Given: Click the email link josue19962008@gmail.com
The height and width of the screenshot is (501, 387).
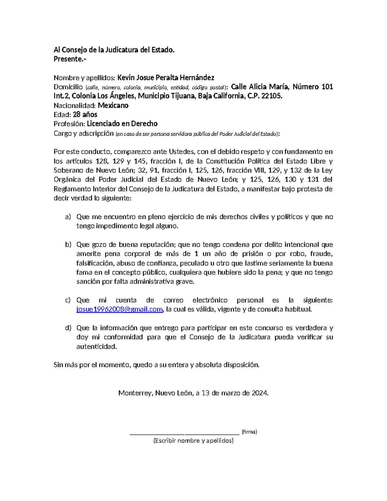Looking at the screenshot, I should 119,309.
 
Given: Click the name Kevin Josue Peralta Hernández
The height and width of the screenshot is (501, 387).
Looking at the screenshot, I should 166,78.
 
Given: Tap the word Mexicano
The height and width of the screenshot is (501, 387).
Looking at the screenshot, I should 113,105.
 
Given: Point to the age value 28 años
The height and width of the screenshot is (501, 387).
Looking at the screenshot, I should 85,115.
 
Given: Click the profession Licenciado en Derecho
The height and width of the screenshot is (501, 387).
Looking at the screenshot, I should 122,124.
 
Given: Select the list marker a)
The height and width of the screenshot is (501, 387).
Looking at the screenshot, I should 68,217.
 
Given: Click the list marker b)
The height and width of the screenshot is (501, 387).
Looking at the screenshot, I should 68,245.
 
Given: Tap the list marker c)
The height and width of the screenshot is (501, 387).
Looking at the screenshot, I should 68,300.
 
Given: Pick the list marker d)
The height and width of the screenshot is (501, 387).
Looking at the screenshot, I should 68,328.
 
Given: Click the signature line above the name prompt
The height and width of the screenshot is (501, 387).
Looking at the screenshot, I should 184,434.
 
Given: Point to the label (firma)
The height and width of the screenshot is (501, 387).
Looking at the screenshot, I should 249,432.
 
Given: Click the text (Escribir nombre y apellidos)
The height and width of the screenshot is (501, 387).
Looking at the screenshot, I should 193,441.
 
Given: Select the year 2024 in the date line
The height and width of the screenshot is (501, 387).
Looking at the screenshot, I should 259,393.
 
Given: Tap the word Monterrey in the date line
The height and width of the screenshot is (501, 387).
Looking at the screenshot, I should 135,393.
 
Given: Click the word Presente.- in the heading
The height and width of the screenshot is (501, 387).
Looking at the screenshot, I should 70,59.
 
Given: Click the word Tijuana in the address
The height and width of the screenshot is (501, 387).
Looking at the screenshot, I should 182,96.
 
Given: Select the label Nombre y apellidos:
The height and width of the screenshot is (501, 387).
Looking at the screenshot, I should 84,78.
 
